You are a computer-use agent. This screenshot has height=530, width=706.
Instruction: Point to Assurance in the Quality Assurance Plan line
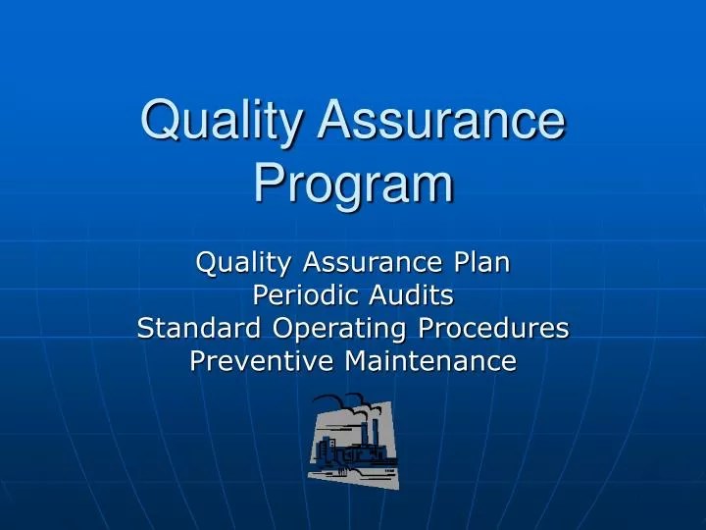(373, 262)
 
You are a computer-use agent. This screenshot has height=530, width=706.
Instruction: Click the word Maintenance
(430, 361)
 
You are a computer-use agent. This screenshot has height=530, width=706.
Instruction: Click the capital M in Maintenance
(355, 361)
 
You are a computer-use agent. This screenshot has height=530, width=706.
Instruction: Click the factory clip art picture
(353, 441)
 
